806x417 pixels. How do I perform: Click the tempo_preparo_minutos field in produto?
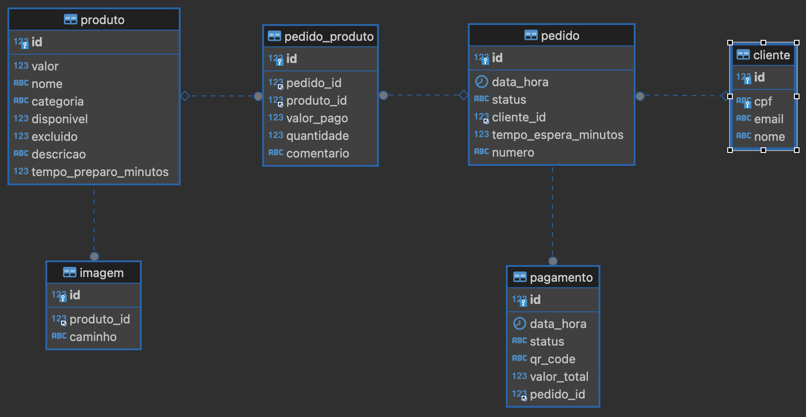pyautogui.click(x=100, y=172)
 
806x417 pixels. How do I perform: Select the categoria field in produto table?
pyautogui.click(x=57, y=101)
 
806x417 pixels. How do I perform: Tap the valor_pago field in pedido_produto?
pyautogui.click(x=317, y=118)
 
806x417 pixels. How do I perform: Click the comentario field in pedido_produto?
pyautogui.click(x=317, y=153)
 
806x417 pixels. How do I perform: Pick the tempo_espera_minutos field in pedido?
pyautogui.click(x=557, y=135)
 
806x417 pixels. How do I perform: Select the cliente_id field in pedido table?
pyautogui.click(x=518, y=117)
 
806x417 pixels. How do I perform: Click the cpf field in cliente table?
pyautogui.click(x=763, y=101)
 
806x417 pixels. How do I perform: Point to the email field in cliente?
pyautogui.click(x=768, y=119)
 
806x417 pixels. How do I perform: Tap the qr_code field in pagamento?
pyautogui.click(x=552, y=359)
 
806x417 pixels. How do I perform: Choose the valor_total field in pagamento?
pyautogui.click(x=559, y=377)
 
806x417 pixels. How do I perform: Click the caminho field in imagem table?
pyautogui.click(x=93, y=337)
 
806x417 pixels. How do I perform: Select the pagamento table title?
pyautogui.click(x=561, y=278)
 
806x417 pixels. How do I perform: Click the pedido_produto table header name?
pyautogui.click(x=328, y=37)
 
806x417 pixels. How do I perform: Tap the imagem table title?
pyautogui.click(x=101, y=273)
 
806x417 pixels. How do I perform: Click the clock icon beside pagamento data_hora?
pyautogui.click(x=520, y=323)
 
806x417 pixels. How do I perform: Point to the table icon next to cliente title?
pyautogui.click(x=743, y=55)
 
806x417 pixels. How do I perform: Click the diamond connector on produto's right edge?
pyautogui.click(x=185, y=96)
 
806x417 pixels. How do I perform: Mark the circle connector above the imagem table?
pyautogui.click(x=94, y=256)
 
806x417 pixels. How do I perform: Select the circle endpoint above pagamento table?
pyautogui.click(x=553, y=261)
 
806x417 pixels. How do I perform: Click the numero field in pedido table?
pyautogui.click(x=513, y=152)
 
